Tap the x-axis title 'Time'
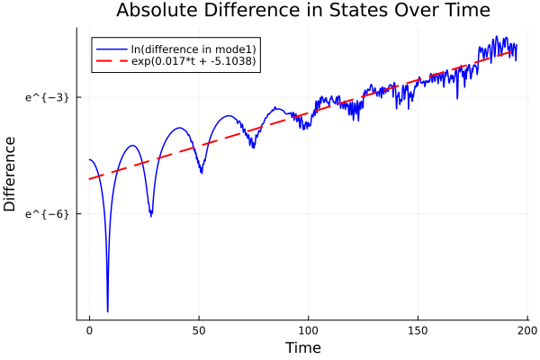(302, 347)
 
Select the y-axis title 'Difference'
(11, 174)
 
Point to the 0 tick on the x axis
(89, 330)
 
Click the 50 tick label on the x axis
(199, 330)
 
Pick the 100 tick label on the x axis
(309, 330)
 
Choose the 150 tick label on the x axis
(418, 330)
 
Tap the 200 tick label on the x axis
(527, 330)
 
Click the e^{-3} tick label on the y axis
(47, 96)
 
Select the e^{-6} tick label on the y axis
(47, 213)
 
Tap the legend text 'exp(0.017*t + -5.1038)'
(193, 61)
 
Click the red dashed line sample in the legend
(111, 61)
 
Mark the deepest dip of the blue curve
(107, 310)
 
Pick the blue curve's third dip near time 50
(201, 172)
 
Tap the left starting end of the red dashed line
(89, 179)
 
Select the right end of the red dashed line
(515, 50)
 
